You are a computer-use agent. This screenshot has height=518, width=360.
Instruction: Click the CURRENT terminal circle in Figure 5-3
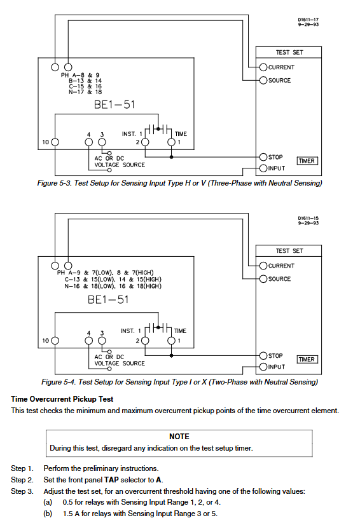tap(263, 67)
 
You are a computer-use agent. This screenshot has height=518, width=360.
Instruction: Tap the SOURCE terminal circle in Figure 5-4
tap(263, 279)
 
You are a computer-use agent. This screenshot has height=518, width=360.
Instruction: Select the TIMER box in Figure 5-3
tap(307, 161)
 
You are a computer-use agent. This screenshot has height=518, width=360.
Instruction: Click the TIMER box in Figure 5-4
tap(307, 360)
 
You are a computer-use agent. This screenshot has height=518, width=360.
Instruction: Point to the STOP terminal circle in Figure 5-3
tap(263, 157)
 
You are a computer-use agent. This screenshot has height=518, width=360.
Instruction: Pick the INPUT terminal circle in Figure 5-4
tap(263, 367)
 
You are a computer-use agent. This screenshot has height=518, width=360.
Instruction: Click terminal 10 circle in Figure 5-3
tap(55, 142)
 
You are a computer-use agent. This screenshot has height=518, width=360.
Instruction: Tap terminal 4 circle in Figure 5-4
tap(88, 341)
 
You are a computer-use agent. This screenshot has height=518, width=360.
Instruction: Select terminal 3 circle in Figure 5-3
tap(102, 142)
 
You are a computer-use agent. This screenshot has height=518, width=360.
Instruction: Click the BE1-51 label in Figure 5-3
tap(114, 105)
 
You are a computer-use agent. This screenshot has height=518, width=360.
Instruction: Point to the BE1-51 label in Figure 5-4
tap(108, 299)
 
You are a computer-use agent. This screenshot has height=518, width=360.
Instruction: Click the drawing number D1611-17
tap(308, 20)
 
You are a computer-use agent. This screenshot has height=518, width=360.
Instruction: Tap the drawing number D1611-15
tap(308, 219)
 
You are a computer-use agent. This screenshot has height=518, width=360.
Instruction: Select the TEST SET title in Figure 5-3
tap(289, 53)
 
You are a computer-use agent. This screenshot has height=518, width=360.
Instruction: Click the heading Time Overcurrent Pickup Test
tap(62, 399)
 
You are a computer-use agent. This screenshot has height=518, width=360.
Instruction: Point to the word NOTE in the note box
tap(179, 437)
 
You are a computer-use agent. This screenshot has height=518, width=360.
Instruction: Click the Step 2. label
tap(22, 480)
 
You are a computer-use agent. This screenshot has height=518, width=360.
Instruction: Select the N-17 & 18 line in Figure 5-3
tap(85, 92)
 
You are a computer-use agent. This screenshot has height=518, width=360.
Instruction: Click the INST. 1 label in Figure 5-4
tap(131, 331)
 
